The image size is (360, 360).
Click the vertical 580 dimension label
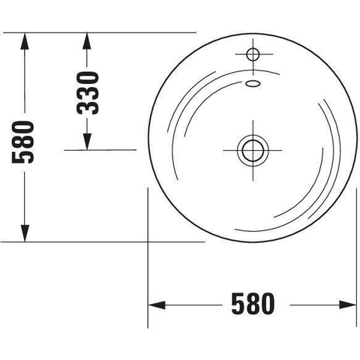(x=22, y=142)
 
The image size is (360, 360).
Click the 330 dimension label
(x=88, y=93)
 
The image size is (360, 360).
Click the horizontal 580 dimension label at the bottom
(x=253, y=304)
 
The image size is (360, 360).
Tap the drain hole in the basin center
(x=253, y=151)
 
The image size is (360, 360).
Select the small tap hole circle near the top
(x=253, y=54)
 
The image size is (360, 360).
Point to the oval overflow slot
(x=253, y=83)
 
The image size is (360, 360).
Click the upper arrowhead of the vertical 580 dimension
(x=25, y=41)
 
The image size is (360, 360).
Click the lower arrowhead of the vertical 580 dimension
(x=25, y=233)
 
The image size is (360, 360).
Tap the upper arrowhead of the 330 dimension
(x=87, y=41)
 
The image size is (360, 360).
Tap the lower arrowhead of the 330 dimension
(x=87, y=142)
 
